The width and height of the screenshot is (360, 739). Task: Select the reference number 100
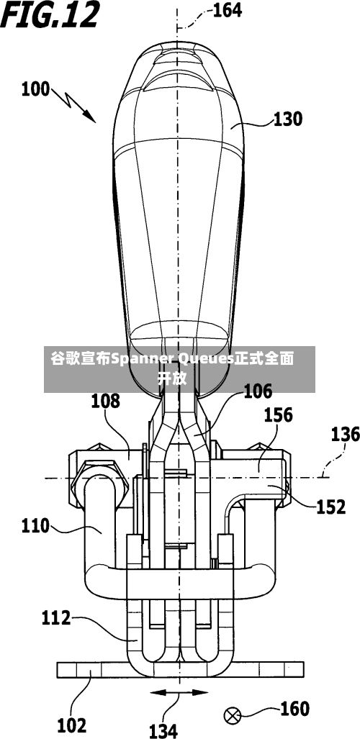point(35,89)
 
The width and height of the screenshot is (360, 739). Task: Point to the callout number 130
point(287,119)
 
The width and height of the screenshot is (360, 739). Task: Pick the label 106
point(258,391)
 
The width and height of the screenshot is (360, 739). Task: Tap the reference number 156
point(278,414)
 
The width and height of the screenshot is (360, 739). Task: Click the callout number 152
point(330,507)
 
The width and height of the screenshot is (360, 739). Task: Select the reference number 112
point(56,617)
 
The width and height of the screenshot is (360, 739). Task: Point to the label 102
point(72,725)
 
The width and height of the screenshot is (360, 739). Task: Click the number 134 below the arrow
point(163,730)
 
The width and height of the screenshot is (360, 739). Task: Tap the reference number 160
point(295,708)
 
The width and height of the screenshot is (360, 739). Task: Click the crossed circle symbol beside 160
point(232,717)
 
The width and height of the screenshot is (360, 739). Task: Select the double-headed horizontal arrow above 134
point(179,692)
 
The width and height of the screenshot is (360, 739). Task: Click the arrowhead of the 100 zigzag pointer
point(91,118)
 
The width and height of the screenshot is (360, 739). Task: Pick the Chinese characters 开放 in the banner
point(172,378)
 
